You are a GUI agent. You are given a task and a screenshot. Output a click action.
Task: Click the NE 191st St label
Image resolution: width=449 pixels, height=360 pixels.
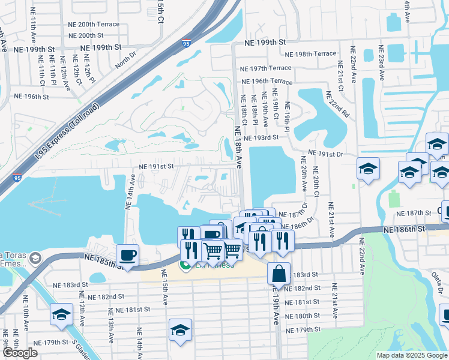156,166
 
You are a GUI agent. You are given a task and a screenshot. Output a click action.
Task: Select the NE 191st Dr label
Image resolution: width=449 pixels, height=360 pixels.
325,154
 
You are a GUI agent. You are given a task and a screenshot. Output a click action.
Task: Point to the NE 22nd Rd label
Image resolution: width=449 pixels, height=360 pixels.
337,104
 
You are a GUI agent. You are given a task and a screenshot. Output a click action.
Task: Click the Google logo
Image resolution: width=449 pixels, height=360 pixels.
20,353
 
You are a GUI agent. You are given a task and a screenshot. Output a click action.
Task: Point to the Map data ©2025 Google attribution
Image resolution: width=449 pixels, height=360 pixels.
411,355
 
